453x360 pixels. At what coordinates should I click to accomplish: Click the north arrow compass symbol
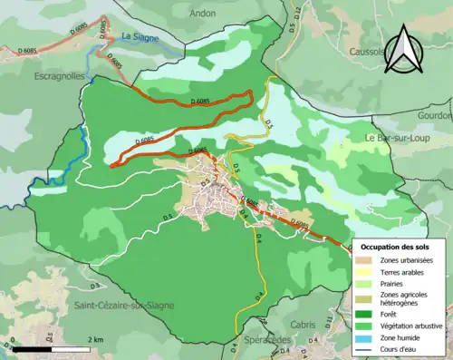[405, 50]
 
